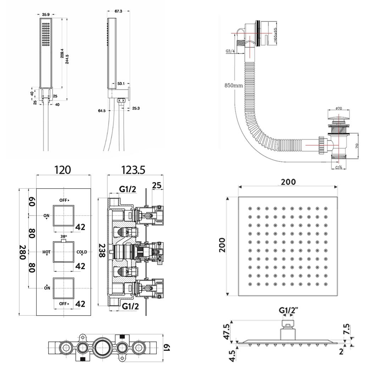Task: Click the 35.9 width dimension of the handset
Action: (x=45, y=15)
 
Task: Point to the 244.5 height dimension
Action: (x=66, y=56)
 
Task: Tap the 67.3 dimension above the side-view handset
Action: (x=119, y=11)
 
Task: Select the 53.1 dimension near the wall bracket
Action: (x=121, y=84)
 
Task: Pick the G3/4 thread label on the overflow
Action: (x=230, y=51)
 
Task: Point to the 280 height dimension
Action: (x=22, y=252)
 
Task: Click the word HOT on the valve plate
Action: (x=46, y=252)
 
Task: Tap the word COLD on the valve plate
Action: (x=82, y=252)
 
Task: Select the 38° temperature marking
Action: (x=63, y=236)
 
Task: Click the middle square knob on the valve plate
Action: (x=63, y=252)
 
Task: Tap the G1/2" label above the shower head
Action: (x=288, y=310)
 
